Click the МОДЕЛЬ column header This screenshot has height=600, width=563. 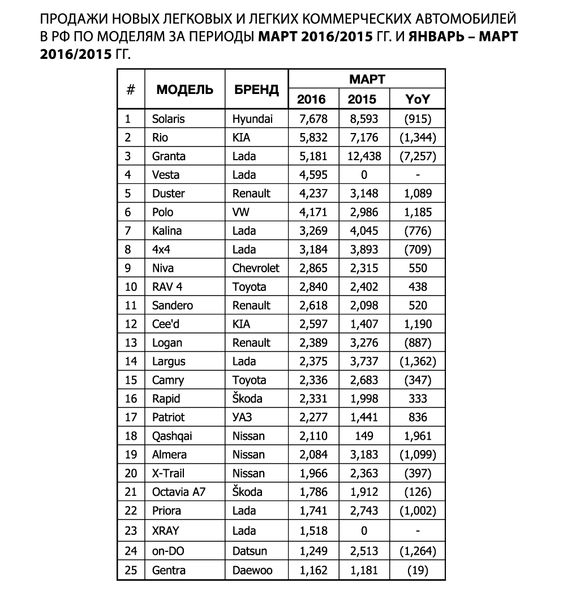coord(185,89)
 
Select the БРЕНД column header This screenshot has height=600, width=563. coord(256,89)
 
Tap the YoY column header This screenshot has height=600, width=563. coord(418,99)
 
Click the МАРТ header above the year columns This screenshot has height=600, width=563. coord(367,79)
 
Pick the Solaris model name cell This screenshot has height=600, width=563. coord(168,119)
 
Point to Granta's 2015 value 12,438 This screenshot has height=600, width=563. coord(364,156)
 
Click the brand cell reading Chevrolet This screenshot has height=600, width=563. coord(256,268)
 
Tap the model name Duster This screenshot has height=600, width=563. coord(168,194)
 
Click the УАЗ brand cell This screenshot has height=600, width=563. coord(242,418)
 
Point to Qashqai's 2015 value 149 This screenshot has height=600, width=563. coord(364,436)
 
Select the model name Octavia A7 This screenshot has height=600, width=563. coord(178,492)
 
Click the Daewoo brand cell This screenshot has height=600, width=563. coord(252,571)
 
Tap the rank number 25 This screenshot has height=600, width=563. coord(131,571)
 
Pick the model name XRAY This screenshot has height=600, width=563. coord(165,530)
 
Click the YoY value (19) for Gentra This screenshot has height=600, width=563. coord(418,571)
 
